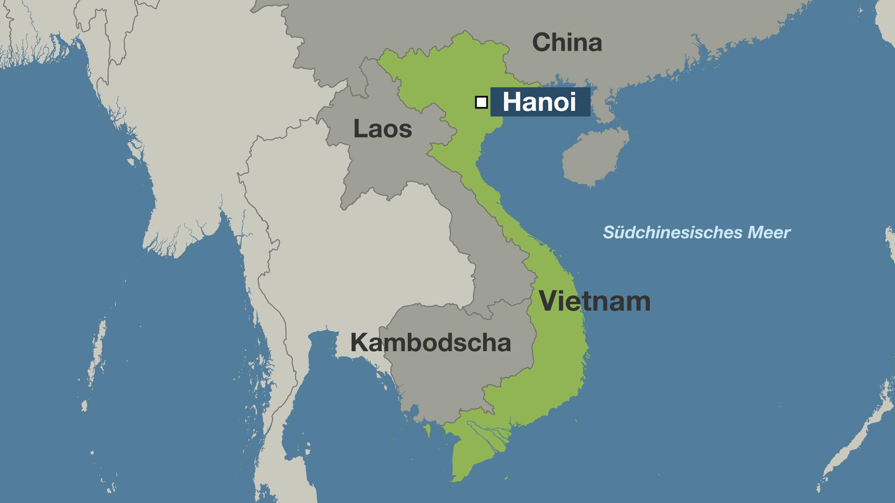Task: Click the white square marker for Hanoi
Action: pos(481,102)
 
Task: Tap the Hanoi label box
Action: pos(540,102)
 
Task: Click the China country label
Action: pos(567,43)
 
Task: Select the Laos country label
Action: pos(382,129)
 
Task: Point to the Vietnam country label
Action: pos(594,301)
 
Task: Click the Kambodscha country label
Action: pos(430,343)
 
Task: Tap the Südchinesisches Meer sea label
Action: pos(696,232)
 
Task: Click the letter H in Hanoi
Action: pos(512,102)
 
